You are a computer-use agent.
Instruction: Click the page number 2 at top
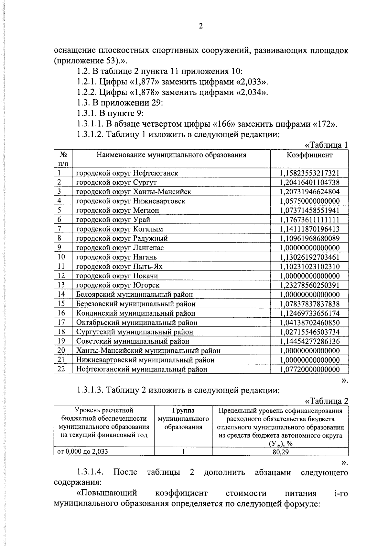tap(200, 27)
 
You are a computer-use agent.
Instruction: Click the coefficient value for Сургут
tap(309, 182)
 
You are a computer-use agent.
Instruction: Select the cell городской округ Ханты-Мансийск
tap(134, 192)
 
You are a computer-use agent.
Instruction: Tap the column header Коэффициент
tap(309, 155)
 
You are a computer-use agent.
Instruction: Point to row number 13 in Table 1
tap(61, 285)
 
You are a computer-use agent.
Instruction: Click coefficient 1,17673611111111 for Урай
tap(309, 220)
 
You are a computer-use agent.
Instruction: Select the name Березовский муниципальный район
tap(136, 304)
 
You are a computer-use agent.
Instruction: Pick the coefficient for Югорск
tap(309, 285)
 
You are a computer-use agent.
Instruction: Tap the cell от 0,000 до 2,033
tap(83, 452)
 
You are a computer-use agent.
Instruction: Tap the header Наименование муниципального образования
tap(171, 155)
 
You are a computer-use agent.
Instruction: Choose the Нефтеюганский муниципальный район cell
tap(142, 369)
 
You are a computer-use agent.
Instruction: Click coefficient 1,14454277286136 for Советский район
tap(309, 341)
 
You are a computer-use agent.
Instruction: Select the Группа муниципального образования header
tap(183, 419)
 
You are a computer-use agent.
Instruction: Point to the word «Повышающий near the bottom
tap(107, 493)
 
